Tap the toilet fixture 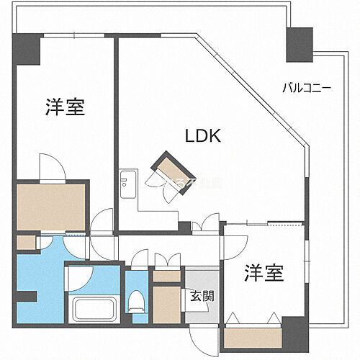pyautogui.click(x=136, y=302)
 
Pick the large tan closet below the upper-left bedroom pyautogui.click(x=53, y=205)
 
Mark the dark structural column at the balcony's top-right pyautogui.click(x=298, y=45)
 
